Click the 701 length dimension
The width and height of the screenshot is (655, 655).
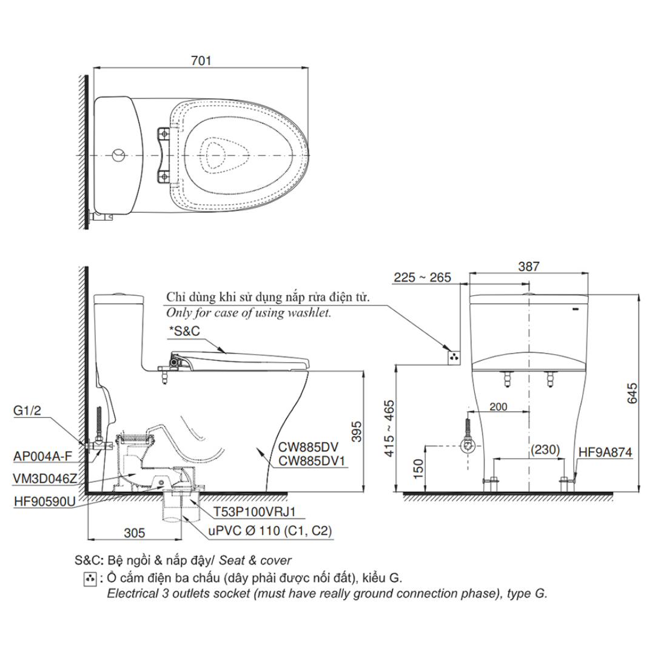(201, 61)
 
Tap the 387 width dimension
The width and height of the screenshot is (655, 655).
(528, 266)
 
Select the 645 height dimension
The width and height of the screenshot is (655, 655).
(632, 392)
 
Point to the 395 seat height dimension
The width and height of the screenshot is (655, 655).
(357, 431)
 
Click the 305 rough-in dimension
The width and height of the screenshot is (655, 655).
(135, 532)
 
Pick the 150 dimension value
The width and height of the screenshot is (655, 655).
(418, 469)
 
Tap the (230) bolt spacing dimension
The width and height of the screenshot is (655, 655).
(545, 449)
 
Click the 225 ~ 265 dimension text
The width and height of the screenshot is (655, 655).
(422, 277)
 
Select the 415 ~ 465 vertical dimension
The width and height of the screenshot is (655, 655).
(389, 428)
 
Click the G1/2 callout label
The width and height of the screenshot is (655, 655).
(27, 411)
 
